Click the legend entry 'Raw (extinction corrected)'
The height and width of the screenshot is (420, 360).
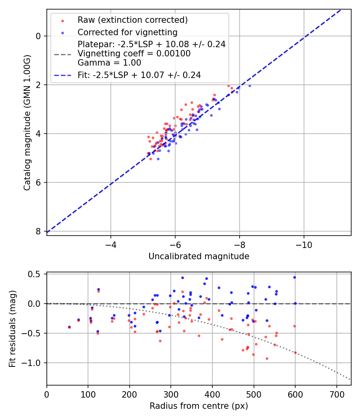pos(132,20)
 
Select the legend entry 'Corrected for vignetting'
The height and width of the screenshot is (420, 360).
pos(127,32)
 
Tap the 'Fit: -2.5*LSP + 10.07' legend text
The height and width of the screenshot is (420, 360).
pos(139,75)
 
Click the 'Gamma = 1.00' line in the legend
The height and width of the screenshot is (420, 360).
pos(109,62)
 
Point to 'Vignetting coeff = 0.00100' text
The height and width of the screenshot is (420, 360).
pos(134,54)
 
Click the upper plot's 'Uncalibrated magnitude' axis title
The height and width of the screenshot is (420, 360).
pos(199,256)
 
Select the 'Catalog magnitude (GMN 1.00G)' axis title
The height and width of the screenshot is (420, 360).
pos(27,122)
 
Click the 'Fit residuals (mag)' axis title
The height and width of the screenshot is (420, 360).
pos(12,329)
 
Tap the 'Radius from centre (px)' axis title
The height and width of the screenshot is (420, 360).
pos(199,406)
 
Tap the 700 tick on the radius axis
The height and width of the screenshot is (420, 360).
pos(336,393)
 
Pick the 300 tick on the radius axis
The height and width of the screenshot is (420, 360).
pos(171,393)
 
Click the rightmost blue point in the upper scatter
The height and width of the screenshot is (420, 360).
pos(250,86)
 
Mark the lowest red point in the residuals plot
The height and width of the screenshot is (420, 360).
pos(267,358)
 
